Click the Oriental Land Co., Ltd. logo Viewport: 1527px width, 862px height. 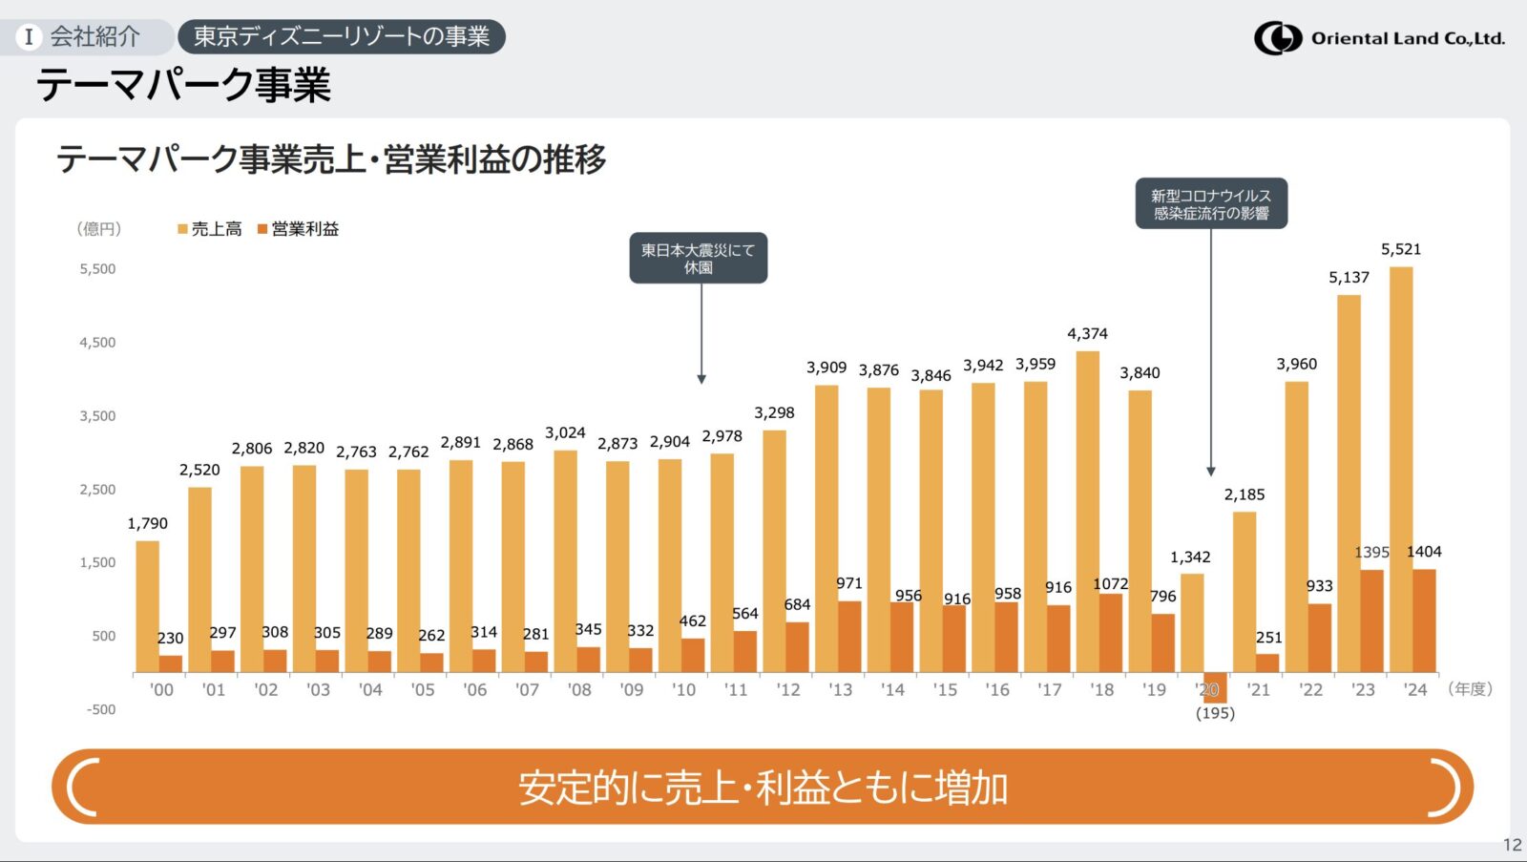(x=1379, y=38)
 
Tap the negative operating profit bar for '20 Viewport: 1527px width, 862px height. (x=1215, y=687)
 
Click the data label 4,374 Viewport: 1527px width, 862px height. (x=1087, y=334)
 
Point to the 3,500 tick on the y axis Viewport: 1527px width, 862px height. (x=97, y=416)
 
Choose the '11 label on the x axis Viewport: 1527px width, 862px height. (x=736, y=690)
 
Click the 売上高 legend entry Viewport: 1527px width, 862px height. (x=210, y=229)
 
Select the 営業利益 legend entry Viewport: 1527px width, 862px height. (x=299, y=229)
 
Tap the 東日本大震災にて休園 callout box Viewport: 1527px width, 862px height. (x=698, y=259)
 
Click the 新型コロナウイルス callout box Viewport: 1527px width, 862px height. (x=1210, y=203)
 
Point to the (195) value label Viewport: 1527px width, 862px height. (x=1215, y=714)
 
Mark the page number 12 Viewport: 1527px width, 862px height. (x=1512, y=845)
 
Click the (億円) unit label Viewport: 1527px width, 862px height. (x=99, y=229)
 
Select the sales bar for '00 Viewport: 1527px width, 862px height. (x=147, y=607)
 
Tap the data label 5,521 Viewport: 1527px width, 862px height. (x=1401, y=250)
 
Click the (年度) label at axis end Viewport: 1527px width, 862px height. (x=1470, y=689)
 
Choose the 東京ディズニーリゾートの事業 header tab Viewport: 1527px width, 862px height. (x=342, y=36)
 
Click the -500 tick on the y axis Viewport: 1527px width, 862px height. (x=100, y=710)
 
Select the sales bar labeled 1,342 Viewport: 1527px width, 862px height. (x=1192, y=622)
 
